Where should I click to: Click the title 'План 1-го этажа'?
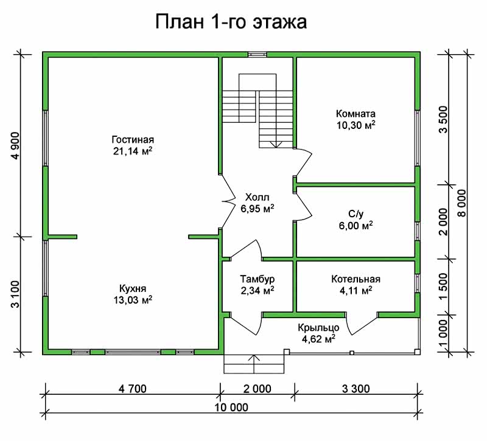[x=231, y=23]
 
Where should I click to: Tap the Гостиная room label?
[x=133, y=140]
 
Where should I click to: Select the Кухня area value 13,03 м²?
[x=133, y=300]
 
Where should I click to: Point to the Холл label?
[x=257, y=197]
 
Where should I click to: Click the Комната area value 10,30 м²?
[x=356, y=125]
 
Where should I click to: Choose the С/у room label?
[x=356, y=214]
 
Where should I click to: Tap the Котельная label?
[x=356, y=279]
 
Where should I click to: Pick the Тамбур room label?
[x=257, y=279]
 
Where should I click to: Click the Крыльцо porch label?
[x=318, y=328]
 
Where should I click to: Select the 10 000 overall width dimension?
[x=232, y=407]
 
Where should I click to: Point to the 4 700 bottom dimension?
[x=132, y=389]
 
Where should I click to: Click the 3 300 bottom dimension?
[x=356, y=389]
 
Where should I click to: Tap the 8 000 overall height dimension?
[x=462, y=203]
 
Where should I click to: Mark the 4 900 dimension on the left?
[x=15, y=146]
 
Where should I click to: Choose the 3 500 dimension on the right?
[x=444, y=119]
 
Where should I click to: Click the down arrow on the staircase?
[x=276, y=144]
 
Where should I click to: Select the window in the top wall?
[x=257, y=55]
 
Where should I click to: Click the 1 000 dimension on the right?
[x=444, y=333]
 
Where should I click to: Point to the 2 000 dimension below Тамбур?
[x=257, y=389]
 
